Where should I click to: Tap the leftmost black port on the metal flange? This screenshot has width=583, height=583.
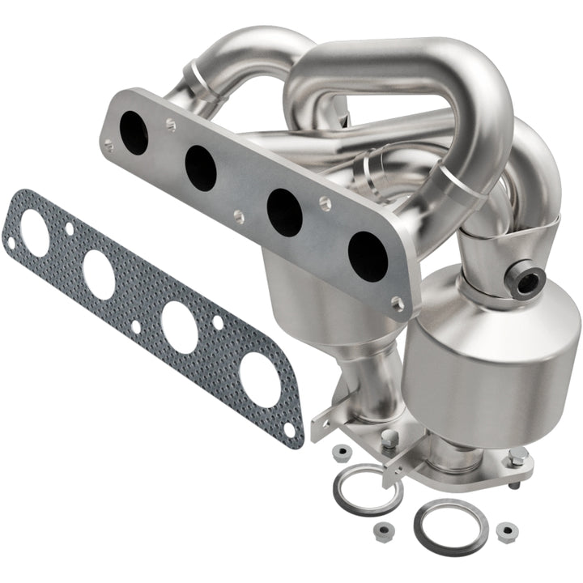tap(134, 134)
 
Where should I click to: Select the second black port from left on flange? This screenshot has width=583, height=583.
tap(200, 168)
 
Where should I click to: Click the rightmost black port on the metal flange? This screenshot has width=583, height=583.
tap(367, 256)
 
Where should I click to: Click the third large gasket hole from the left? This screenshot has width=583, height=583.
tap(179, 326)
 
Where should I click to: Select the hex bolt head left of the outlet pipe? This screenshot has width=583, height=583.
tap(391, 438)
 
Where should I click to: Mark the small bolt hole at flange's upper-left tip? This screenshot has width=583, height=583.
tap(109, 146)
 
